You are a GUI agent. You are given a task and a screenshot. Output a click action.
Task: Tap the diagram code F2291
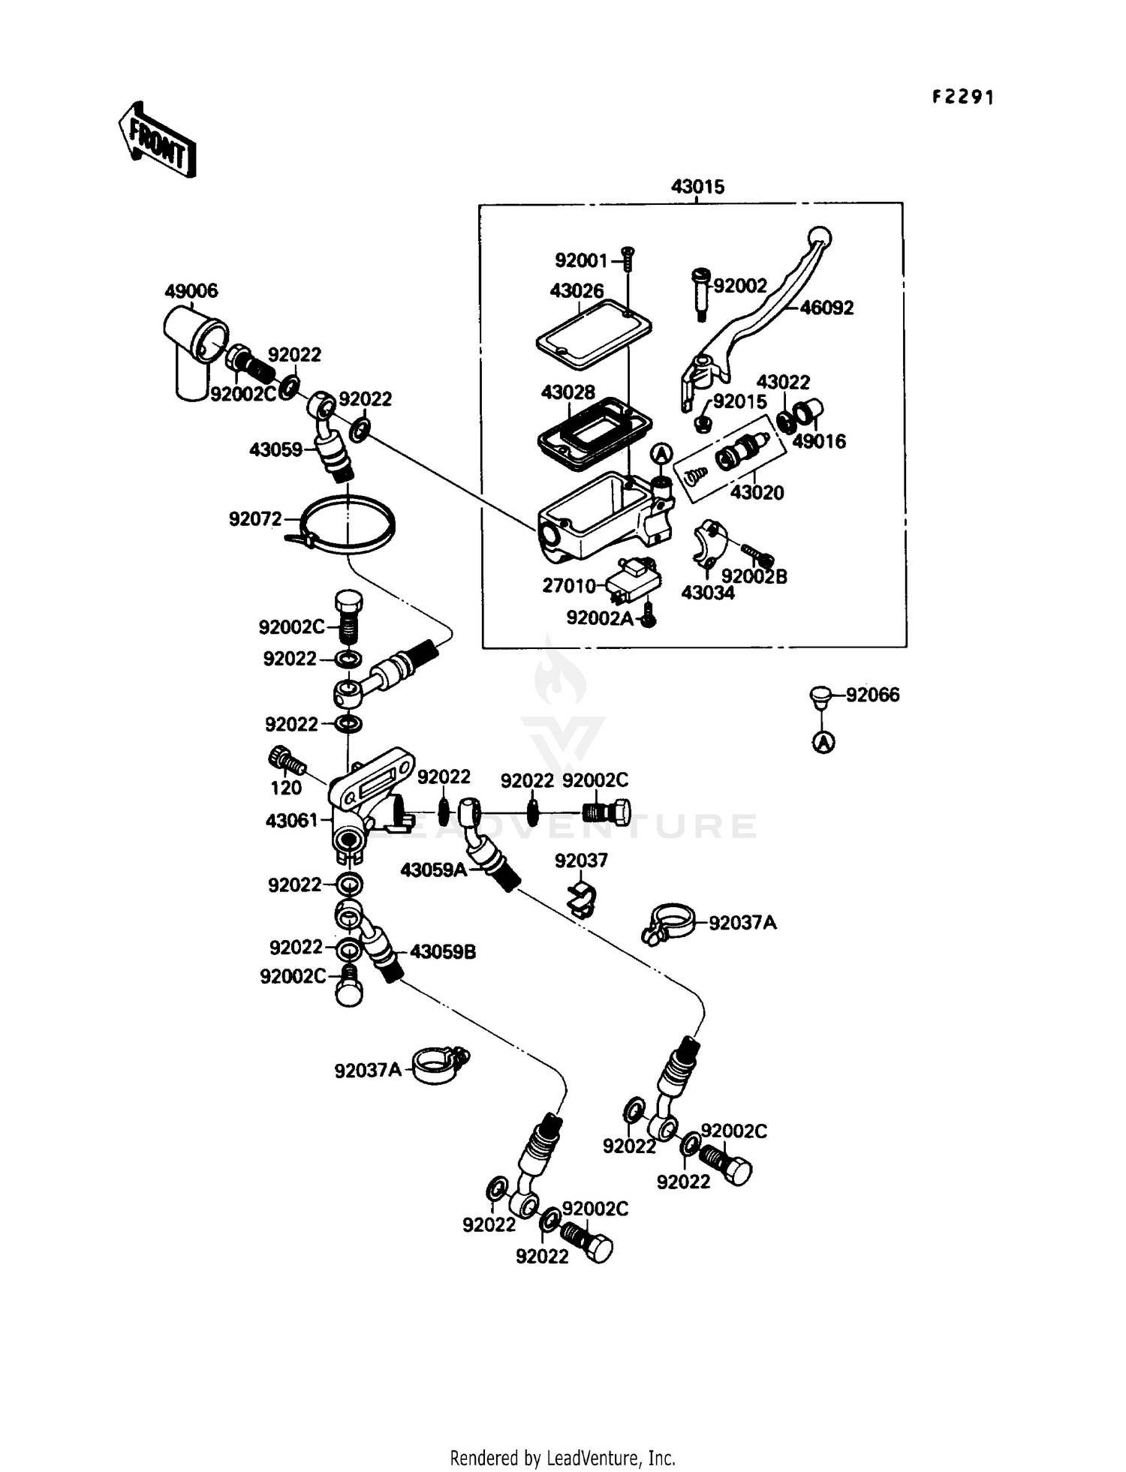[963, 98]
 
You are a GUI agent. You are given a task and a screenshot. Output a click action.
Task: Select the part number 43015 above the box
[697, 187]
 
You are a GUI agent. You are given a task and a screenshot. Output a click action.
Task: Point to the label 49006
[191, 291]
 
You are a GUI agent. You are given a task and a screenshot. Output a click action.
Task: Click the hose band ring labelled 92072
[348, 525]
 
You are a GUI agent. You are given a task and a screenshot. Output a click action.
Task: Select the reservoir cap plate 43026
[593, 335]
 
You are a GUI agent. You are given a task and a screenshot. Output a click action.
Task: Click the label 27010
[569, 585]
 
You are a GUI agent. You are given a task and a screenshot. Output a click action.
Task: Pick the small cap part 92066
[821, 695]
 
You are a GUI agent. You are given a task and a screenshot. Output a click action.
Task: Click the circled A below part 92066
[823, 743]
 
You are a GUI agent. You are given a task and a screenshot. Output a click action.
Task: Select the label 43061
[292, 821]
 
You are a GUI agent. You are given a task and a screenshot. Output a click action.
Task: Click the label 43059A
[434, 870]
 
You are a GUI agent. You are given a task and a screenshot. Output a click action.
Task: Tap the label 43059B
[443, 952]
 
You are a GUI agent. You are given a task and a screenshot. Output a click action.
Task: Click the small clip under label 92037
[582, 897]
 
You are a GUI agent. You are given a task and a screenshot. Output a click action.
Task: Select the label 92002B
[754, 576]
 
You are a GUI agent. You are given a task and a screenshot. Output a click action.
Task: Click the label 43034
[708, 593]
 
